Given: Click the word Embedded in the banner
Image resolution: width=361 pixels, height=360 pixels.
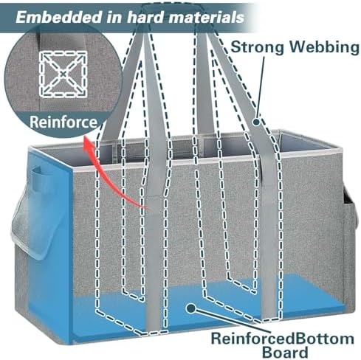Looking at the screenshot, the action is click(x=58, y=17).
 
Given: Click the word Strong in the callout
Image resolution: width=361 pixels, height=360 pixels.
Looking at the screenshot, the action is click(x=257, y=46).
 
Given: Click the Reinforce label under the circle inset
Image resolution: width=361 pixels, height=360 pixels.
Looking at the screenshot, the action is click(x=63, y=122).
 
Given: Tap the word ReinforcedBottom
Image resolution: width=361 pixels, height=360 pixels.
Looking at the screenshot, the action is click(x=282, y=339).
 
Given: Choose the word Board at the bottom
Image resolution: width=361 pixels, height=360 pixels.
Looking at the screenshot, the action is click(x=285, y=352).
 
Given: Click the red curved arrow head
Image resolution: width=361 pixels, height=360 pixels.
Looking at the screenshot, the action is click(x=88, y=145).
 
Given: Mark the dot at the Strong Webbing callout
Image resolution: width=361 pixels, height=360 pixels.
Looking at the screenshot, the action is click(x=256, y=122).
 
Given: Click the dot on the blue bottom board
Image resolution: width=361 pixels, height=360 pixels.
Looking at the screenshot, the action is click(x=190, y=308).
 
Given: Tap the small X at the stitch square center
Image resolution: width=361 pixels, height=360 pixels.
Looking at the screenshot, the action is click(x=63, y=73).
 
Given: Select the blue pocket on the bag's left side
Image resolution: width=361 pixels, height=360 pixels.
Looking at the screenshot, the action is click(x=37, y=179).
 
